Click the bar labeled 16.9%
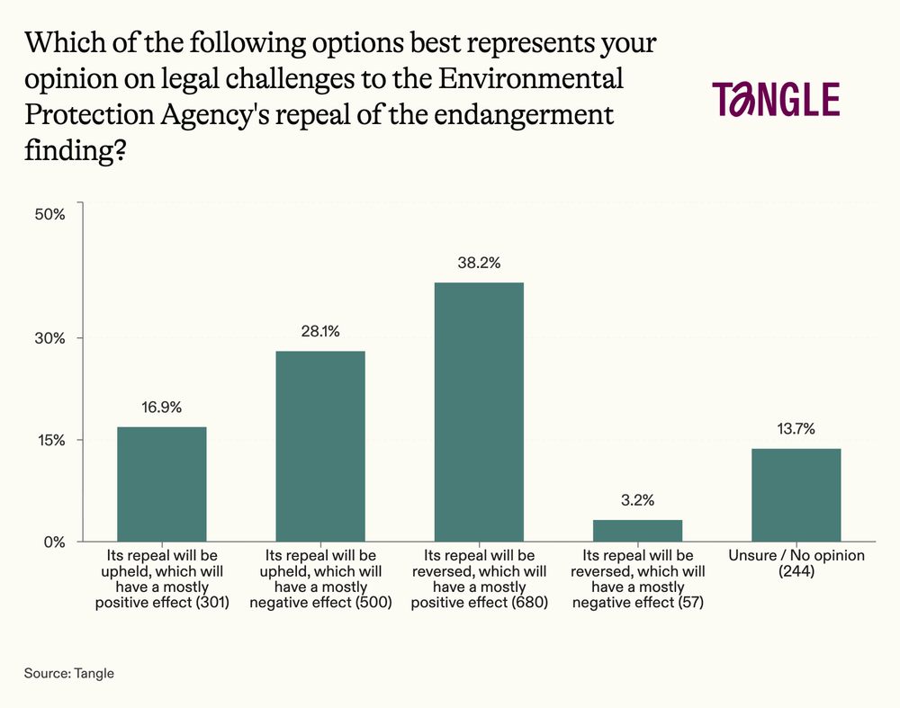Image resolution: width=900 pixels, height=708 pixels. pyautogui.click(x=162, y=484)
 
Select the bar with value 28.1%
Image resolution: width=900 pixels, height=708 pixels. pyautogui.click(x=320, y=446)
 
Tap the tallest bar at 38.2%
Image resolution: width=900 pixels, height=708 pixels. pyautogui.click(x=479, y=412)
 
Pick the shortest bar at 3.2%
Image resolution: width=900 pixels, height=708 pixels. pyautogui.click(x=637, y=531)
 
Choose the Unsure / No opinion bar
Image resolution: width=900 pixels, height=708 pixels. pyautogui.click(x=796, y=495)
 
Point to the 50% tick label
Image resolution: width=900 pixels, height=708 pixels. pyautogui.click(x=51, y=214)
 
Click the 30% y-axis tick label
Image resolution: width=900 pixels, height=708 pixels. pyautogui.click(x=51, y=338)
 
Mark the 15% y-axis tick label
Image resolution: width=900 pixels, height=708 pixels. pyautogui.click(x=51, y=440)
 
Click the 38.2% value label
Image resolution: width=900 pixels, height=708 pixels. pyautogui.click(x=479, y=264)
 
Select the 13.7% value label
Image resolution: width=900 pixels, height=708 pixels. pyautogui.click(x=796, y=428)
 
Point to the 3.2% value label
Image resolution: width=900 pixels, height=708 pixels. pyautogui.click(x=637, y=499)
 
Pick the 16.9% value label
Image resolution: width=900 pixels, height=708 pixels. pyautogui.click(x=162, y=407)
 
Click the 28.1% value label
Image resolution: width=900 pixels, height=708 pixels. pyautogui.click(x=320, y=331)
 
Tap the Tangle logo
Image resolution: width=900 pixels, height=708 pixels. pyautogui.click(x=775, y=100)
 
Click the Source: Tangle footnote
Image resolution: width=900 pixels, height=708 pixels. pyautogui.click(x=70, y=673)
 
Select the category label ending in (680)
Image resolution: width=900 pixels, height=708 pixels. pyautogui.click(x=479, y=579)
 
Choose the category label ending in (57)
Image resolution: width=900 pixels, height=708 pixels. pyautogui.click(x=637, y=579)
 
